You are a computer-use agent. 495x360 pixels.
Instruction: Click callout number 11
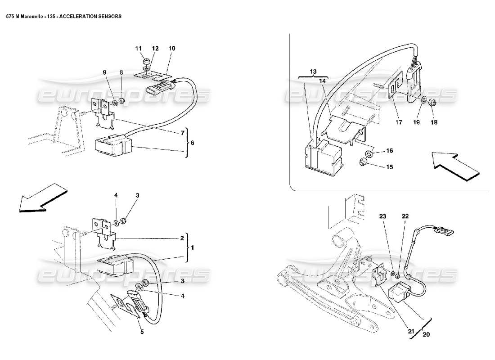139,48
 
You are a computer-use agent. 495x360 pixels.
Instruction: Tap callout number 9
104,72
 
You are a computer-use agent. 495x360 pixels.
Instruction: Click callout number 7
183,133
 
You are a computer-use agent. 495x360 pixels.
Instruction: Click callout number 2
182,238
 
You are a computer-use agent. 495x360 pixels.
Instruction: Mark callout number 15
389,166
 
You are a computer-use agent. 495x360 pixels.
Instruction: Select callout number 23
383,216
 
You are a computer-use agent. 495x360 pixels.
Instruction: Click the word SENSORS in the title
107,15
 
